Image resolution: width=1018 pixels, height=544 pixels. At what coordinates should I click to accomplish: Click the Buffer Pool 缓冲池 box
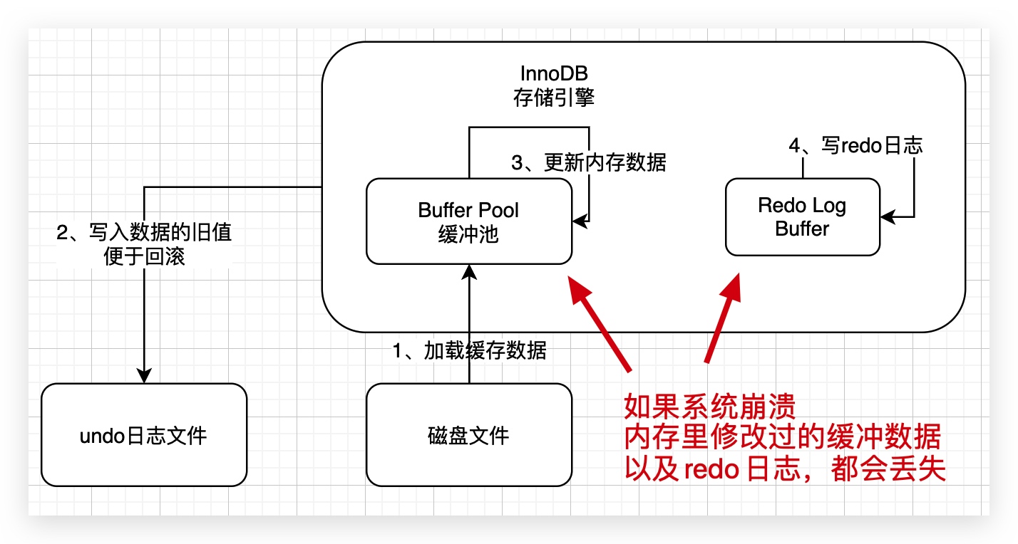pyautogui.click(x=468, y=221)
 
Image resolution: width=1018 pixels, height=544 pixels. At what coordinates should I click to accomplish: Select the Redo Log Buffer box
pyautogui.click(x=802, y=216)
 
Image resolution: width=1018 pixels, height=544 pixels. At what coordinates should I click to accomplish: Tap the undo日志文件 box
pyautogui.click(x=143, y=435)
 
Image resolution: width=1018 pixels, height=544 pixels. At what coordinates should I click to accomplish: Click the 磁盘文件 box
pyautogui.click(x=468, y=435)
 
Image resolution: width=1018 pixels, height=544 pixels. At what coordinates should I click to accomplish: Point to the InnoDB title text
pyautogui.click(x=554, y=74)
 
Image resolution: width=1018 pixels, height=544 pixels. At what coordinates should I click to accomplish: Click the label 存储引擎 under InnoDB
pyautogui.click(x=554, y=98)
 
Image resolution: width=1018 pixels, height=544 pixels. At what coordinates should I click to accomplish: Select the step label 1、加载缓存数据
pyautogui.click(x=469, y=350)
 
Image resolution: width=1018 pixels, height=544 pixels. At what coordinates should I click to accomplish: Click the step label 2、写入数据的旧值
pyautogui.click(x=144, y=232)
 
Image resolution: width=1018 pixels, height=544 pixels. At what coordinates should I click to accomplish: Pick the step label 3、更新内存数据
pyautogui.click(x=589, y=162)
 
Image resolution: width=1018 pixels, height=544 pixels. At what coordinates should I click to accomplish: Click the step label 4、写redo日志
pyautogui.click(x=855, y=145)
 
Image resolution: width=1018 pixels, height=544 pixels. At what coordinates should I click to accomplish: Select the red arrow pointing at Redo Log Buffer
pyautogui.click(x=721, y=317)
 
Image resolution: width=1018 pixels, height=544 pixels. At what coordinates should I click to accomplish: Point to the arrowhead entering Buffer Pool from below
pyautogui.click(x=469, y=271)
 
